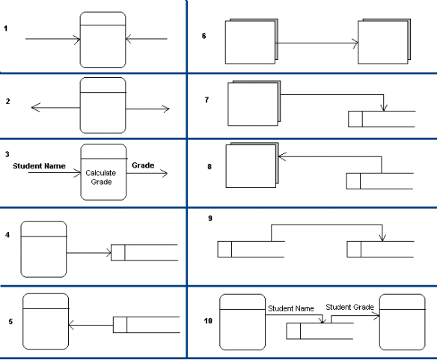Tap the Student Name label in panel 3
[39, 165]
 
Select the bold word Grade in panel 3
[143, 165]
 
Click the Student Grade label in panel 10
[349, 307]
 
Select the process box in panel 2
[103, 109]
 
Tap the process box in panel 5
[46, 322]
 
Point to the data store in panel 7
[382, 119]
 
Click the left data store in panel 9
[250, 248]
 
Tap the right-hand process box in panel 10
[403, 322]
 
